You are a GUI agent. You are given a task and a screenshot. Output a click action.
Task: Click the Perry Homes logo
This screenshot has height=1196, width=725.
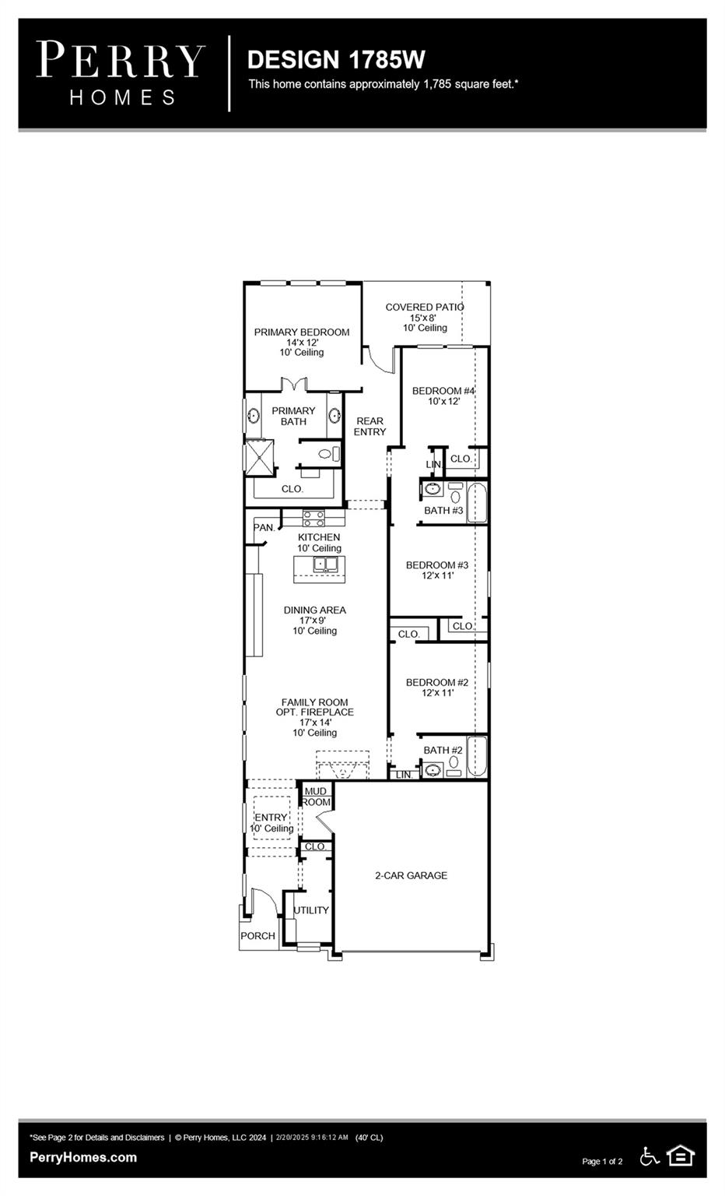tap(121, 73)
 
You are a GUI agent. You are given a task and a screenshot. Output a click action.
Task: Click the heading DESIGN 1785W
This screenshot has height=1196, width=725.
tap(335, 59)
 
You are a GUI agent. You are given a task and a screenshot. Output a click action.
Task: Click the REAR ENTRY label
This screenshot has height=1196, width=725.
tap(370, 426)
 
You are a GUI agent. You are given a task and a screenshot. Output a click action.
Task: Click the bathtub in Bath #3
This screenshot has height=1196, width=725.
tap(476, 503)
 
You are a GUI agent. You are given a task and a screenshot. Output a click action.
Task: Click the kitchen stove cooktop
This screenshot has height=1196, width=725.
tap(313, 517)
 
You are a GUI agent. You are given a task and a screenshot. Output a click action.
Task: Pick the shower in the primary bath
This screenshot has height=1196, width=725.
tap(259, 457)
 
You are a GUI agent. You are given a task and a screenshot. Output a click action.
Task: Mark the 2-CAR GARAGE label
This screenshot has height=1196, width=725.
tap(411, 875)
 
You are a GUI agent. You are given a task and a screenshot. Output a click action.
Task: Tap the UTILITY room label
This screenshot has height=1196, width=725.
tap(311, 910)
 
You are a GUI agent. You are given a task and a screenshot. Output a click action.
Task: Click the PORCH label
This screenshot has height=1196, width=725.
tap(257, 936)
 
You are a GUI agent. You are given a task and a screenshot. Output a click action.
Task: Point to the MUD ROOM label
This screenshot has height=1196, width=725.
tap(316, 797)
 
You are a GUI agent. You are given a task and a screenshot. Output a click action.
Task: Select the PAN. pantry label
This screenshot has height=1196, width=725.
tap(264, 528)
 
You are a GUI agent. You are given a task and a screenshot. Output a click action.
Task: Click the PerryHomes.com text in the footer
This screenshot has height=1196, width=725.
tap(83, 1157)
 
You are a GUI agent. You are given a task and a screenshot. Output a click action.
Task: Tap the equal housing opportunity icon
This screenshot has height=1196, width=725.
tap(681, 1156)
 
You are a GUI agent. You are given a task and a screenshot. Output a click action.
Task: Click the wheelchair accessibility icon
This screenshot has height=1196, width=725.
tap(650, 1157)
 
